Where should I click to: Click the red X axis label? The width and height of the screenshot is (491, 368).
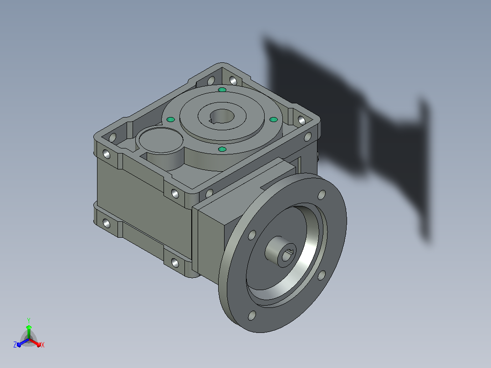43,345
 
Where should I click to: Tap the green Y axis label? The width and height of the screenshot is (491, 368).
29,320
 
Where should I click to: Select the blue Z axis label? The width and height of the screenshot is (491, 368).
15,344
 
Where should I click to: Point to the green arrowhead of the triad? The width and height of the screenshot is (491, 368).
29,327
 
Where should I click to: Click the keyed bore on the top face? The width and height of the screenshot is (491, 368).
221,116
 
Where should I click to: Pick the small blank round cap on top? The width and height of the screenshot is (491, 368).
161,140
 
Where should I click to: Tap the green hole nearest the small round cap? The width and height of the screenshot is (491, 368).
171,119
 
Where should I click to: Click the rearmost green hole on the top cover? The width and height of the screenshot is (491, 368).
222,90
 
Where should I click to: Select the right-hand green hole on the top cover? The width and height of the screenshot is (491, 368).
273,119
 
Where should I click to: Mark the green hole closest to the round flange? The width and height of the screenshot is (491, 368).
222,149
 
